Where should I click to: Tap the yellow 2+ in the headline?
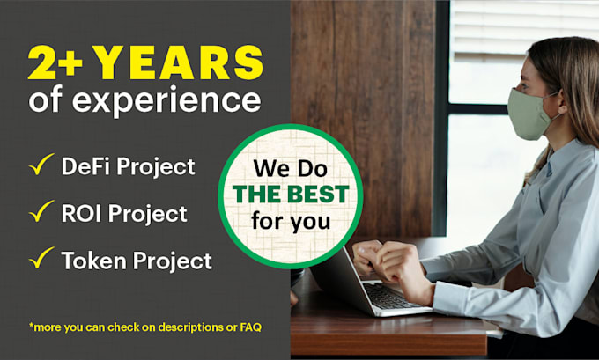pyautogui.click(x=55, y=62)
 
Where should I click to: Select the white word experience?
pyautogui.click(x=166, y=100)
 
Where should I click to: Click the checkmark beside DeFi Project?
pyautogui.click(x=41, y=164)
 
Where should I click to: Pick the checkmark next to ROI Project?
pyautogui.click(x=41, y=210)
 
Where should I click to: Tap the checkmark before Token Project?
pyautogui.click(x=41, y=257)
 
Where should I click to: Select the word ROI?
pyautogui.click(x=82, y=213)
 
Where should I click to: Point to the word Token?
pyautogui.click(x=94, y=261)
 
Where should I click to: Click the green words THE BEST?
pyautogui.click(x=291, y=195)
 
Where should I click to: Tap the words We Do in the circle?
pyautogui.click(x=291, y=168)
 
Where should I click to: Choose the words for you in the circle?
pyautogui.click(x=291, y=222)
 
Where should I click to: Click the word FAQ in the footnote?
pyautogui.click(x=250, y=327)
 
